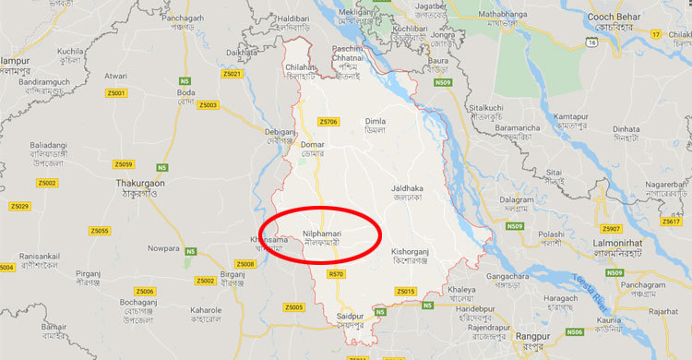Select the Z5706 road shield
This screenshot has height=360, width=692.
point(328,122)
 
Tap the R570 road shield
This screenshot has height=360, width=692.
point(336,274)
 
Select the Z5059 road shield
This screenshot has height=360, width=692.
point(124,164)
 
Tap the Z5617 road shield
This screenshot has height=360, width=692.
point(671,222)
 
